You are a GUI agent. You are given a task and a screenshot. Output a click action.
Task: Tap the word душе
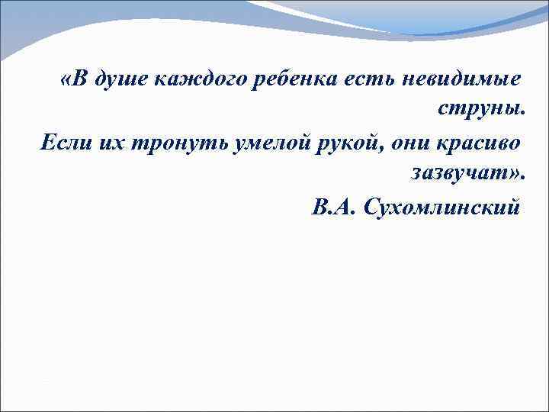(120, 81)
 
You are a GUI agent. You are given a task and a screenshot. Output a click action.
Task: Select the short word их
(102, 142)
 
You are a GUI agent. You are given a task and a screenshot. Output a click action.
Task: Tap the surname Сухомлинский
(444, 206)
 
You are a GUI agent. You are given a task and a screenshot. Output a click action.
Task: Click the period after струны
(524, 116)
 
